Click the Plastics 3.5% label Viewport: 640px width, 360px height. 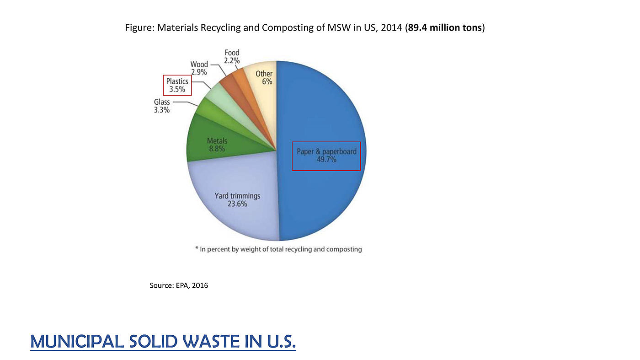[177, 85]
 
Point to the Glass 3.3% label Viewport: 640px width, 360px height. [162, 106]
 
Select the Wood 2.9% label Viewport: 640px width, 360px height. [199, 68]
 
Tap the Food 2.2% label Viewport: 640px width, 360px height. [232, 57]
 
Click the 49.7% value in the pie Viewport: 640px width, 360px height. [326, 160]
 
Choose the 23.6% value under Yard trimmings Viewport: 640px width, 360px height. [237, 204]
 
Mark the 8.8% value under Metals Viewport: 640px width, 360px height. [217, 149]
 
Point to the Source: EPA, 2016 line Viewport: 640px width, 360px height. [179, 285]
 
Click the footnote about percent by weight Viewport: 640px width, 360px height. [278, 249]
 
